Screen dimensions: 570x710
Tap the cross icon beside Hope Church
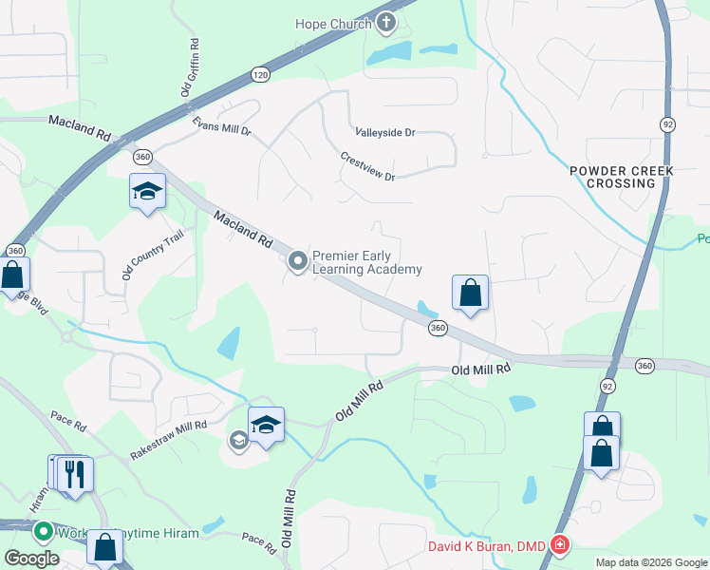(386, 22)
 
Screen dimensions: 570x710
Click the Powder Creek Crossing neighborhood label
(622, 177)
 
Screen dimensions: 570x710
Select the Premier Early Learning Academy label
(366, 263)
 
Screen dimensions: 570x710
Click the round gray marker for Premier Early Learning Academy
(298, 260)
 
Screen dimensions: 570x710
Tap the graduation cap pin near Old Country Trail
(147, 193)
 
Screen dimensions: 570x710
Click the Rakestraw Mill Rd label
(168, 441)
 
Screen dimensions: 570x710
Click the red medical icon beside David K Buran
(560, 545)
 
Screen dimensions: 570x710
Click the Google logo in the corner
(31, 559)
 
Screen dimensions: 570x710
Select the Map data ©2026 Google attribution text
(650, 562)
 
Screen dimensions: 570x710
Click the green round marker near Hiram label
(43, 532)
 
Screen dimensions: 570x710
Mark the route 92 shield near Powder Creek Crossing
(668, 124)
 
